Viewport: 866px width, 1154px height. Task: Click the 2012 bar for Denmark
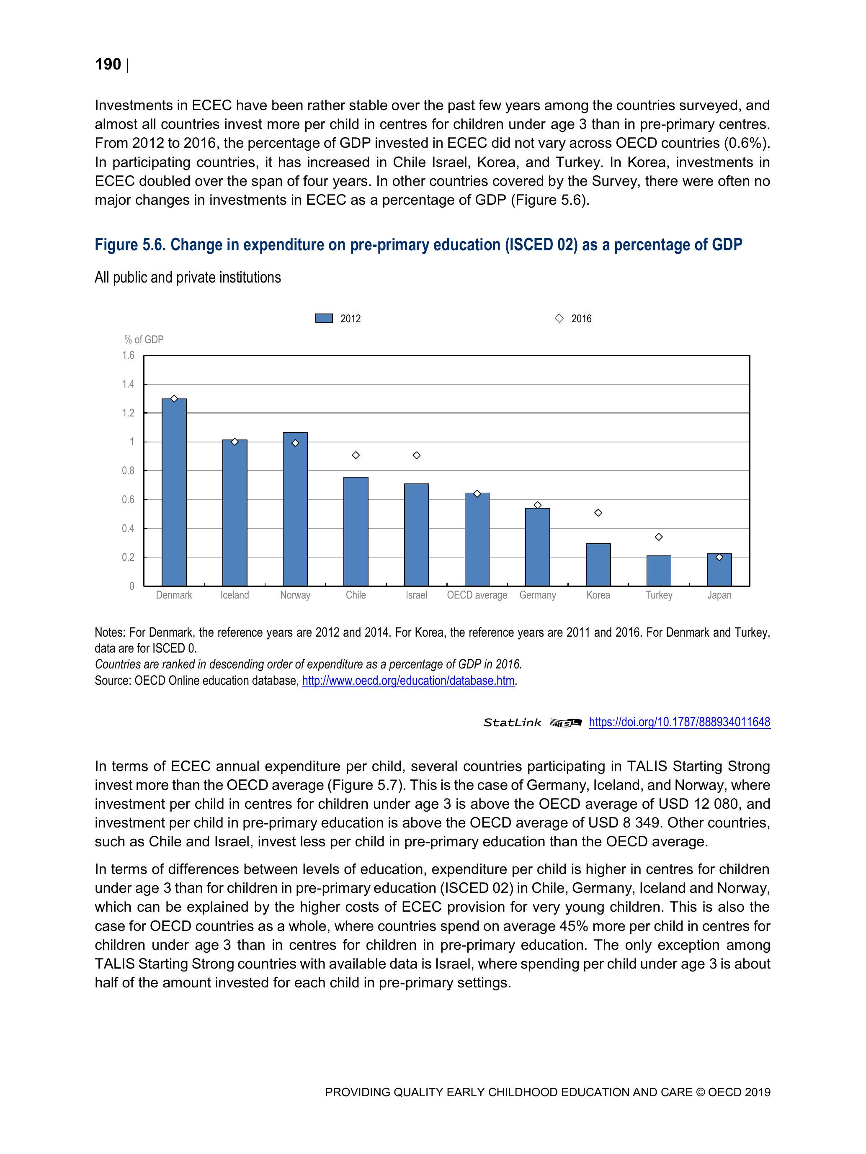[174, 493]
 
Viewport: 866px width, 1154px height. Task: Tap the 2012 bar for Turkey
[658, 571]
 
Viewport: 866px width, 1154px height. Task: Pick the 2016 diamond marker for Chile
[356, 455]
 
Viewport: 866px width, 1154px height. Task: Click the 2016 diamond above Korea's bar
[598, 513]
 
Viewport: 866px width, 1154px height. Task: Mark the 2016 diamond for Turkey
[659, 537]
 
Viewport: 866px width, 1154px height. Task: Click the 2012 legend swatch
[324, 318]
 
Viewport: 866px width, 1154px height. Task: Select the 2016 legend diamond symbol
[559, 318]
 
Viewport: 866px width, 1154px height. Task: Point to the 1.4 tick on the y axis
[129, 385]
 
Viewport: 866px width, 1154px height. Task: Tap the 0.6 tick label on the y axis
[129, 500]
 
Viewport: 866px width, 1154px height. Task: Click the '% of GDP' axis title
[144, 339]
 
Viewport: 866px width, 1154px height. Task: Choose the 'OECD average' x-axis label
[477, 595]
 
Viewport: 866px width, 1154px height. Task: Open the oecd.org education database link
[408, 681]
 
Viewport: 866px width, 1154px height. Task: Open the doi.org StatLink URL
[679, 722]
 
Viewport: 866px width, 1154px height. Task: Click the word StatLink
[512, 722]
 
